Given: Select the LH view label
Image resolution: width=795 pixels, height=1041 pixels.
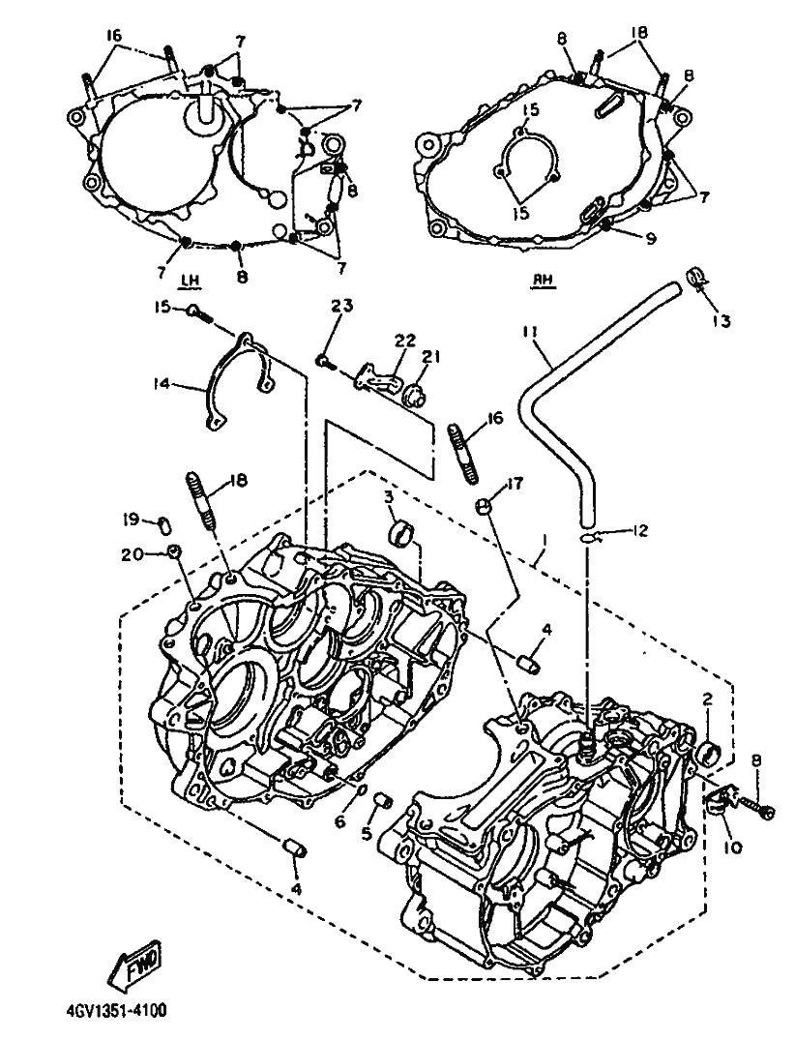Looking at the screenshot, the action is coord(190,281).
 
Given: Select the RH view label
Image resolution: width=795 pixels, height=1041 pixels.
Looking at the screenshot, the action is coord(543,281).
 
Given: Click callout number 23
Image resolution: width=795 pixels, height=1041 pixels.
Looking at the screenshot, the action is coord(342,307).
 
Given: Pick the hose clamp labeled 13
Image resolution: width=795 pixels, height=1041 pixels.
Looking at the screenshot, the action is coord(693,276).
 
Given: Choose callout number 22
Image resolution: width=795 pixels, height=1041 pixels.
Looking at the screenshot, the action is coord(405,341).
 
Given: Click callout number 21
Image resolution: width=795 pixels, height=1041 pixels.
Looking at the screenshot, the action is coord(432,358).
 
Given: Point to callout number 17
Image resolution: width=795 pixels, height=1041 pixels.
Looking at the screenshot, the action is coord(514,484).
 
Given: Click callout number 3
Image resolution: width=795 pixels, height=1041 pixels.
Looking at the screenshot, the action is coord(388,497).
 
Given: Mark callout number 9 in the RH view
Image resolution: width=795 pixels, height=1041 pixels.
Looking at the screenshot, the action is coord(650,238).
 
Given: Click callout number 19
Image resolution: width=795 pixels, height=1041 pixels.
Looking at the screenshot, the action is coord(132,520).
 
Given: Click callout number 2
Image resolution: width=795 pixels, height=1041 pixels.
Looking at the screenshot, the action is coord(707,699).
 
